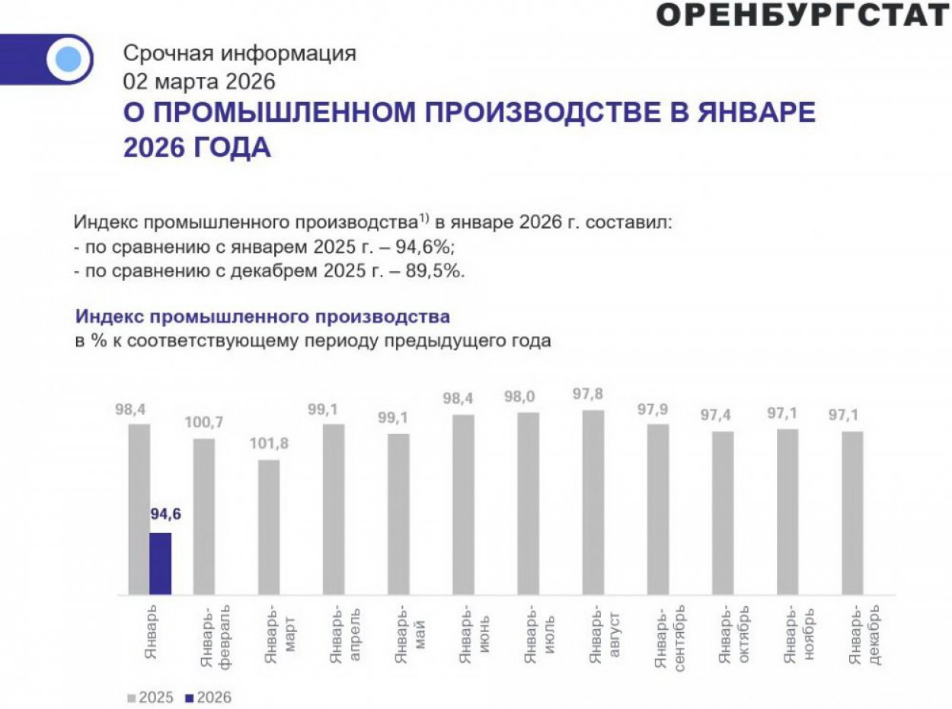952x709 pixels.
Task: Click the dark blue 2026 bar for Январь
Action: coord(160,564)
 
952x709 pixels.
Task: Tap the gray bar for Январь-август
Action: coord(593,503)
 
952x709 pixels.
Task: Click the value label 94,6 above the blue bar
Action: coord(166,513)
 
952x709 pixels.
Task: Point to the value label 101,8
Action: coord(269,444)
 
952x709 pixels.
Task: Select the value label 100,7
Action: coord(203,421)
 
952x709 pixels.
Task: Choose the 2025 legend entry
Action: coord(151,697)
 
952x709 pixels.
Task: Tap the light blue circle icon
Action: coord(69,59)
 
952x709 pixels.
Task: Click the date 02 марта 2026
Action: coord(200,80)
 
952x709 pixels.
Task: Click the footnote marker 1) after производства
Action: coord(424,219)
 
